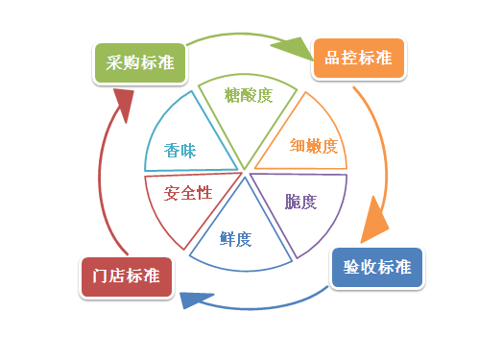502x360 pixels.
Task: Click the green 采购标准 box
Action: pyautogui.click(x=141, y=63)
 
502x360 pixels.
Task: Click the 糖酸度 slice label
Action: pyautogui.click(x=249, y=95)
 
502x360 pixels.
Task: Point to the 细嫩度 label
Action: pyautogui.click(x=314, y=146)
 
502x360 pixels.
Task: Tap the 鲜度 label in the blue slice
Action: pyautogui.click(x=236, y=238)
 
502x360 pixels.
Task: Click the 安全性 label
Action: pyautogui.click(x=187, y=193)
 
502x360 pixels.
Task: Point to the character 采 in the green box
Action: pyautogui.click(x=114, y=63)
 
